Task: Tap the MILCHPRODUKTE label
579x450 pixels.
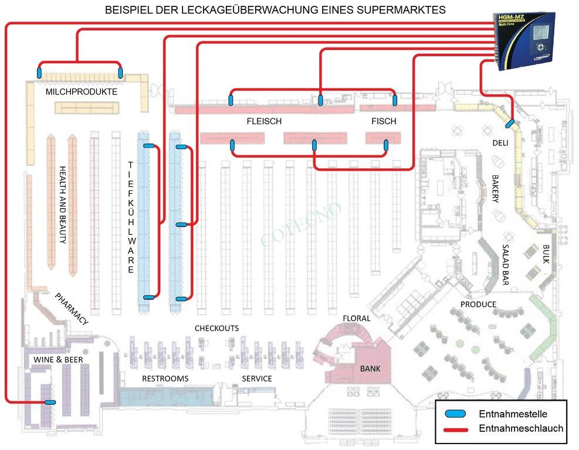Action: [81, 93]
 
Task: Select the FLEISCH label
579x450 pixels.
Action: [264, 121]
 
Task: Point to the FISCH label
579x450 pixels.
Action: [384, 121]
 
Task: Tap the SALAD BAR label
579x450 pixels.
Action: [505, 264]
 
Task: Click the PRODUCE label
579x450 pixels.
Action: [478, 305]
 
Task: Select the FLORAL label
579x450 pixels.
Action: [357, 318]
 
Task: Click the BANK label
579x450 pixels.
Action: [370, 369]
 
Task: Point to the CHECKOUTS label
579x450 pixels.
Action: [216, 328]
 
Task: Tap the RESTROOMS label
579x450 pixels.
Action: [165, 379]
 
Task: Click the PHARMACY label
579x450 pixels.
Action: [72, 308]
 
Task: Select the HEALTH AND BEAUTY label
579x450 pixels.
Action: [63, 204]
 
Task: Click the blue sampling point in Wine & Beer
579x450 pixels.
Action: [50, 402]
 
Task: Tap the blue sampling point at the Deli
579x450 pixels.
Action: [510, 124]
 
